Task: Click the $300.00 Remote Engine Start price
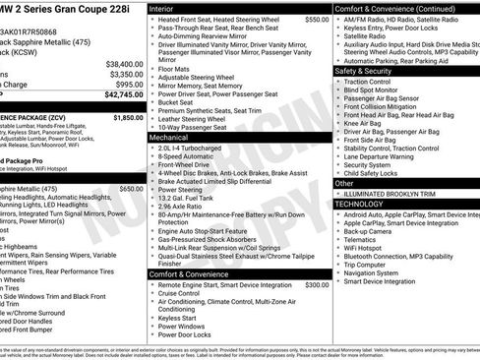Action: tap(317, 284)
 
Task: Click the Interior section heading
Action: tap(161, 7)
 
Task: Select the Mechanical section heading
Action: tap(168, 139)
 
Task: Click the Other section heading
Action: tap(344, 183)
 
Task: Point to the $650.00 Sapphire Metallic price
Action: tap(131, 160)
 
